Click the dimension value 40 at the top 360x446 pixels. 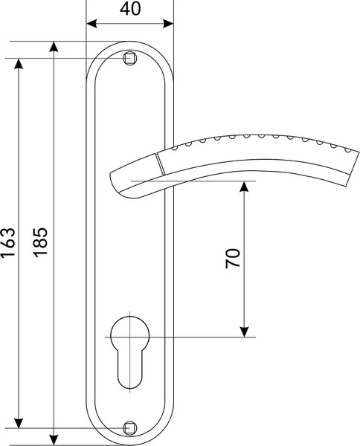click(x=130, y=9)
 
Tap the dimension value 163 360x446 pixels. click(x=8, y=242)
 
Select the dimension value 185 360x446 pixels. click(x=40, y=242)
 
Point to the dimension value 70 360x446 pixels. click(x=233, y=258)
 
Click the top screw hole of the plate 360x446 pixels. click(x=129, y=58)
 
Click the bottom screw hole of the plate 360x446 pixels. click(x=129, y=428)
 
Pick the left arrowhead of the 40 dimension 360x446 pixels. click(x=91, y=24)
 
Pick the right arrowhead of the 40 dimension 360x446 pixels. click(x=168, y=24)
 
